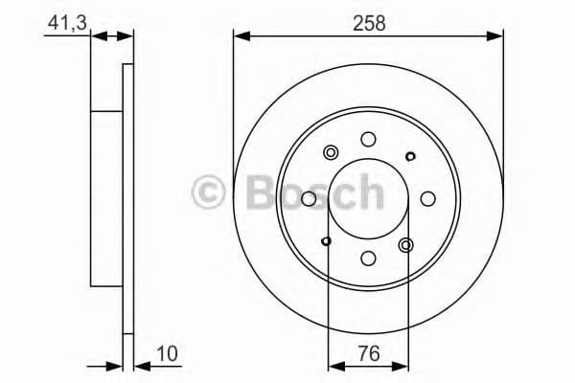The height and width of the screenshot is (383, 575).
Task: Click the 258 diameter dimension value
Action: point(368,23)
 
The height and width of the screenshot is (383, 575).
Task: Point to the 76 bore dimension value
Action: point(368,353)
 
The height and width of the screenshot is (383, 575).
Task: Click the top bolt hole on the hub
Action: point(368,140)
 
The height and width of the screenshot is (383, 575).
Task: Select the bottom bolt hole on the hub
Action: point(368,258)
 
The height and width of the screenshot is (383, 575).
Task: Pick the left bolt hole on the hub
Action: point(309,199)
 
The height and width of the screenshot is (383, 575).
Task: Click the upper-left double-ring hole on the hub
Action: point(333,152)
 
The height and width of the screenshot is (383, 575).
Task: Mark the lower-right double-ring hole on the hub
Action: point(405,245)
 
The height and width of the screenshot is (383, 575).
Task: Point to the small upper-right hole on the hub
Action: point(410,157)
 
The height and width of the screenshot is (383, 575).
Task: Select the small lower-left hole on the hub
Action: point(327,240)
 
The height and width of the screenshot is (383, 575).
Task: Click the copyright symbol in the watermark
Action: point(210,193)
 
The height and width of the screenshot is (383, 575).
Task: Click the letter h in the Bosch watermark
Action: point(365,193)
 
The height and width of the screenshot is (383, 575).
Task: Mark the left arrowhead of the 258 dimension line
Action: point(240,36)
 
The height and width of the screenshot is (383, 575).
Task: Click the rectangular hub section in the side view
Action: point(106,199)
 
